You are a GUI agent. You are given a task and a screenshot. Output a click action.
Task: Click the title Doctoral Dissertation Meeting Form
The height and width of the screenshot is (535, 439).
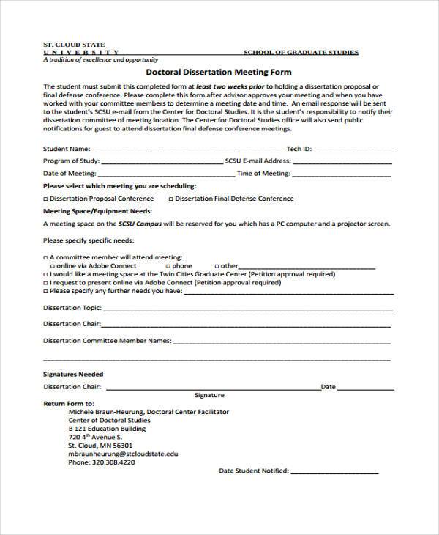[x=219, y=73]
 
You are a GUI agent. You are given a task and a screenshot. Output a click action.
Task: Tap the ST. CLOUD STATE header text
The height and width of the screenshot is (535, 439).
[x=74, y=45]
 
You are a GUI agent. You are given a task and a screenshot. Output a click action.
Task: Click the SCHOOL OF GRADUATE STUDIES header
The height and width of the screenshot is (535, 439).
[x=301, y=53]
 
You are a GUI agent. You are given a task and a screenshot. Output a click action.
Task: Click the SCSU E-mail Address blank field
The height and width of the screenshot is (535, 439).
[x=345, y=162]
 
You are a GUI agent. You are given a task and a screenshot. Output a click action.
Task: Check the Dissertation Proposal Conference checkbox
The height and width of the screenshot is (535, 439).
[x=45, y=199]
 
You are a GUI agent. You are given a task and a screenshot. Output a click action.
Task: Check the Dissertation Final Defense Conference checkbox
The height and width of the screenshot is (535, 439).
[x=171, y=199]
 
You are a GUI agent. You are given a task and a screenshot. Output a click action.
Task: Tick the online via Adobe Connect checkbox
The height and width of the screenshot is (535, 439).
[x=51, y=266]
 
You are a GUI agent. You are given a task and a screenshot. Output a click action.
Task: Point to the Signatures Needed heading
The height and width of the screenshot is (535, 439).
[x=73, y=374]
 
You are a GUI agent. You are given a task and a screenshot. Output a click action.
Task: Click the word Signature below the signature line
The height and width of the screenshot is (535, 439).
[x=209, y=395]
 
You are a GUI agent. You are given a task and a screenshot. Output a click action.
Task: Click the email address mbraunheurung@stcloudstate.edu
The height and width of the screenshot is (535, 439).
[x=123, y=454]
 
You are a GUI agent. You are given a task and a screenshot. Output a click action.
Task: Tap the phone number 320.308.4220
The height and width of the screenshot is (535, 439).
[x=102, y=463]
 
